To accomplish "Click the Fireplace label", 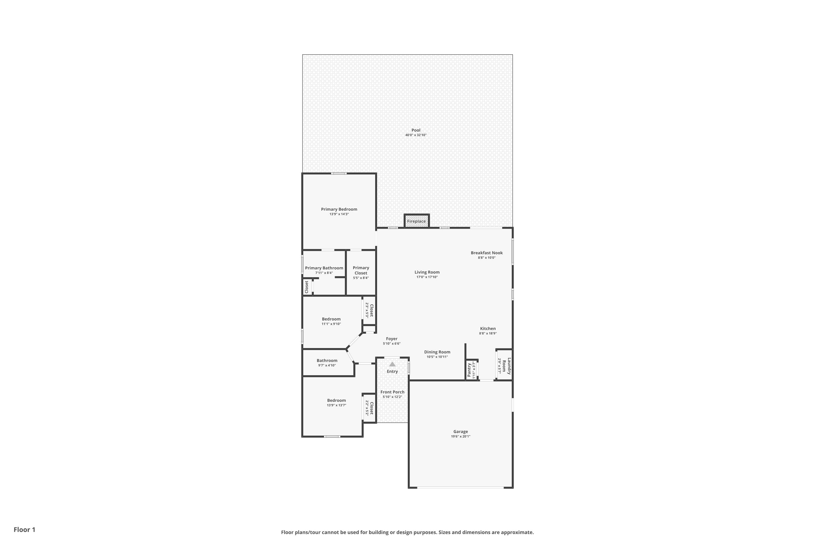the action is (416, 221).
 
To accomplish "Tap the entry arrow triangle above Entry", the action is (392, 364).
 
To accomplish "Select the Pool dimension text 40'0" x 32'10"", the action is (416, 135).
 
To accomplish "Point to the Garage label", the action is (460, 431).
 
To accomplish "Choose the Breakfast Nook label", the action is (487, 253).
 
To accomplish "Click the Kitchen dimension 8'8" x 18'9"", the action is (488, 333).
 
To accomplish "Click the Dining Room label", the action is (437, 352).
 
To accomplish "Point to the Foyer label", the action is (392, 339).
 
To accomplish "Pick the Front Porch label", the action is (392, 392).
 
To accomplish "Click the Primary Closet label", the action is (361, 270).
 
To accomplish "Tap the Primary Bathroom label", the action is (324, 268).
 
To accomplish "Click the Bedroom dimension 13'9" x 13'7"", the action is (337, 405).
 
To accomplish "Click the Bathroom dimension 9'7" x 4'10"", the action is (327, 365).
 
